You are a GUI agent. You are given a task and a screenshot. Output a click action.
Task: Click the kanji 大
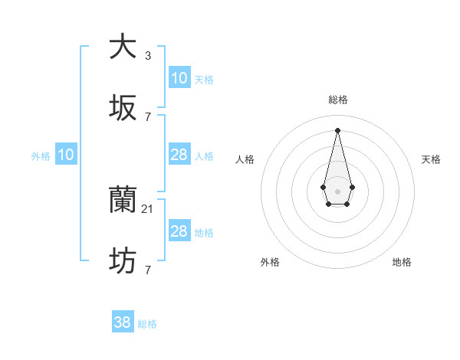pyautogui.click(x=123, y=47)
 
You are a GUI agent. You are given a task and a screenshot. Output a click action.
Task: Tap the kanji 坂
pyautogui.click(x=123, y=108)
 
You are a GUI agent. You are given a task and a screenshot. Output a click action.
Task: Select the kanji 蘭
pyautogui.click(x=123, y=201)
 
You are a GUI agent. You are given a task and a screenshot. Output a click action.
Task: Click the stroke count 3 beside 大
pyautogui.click(x=147, y=55)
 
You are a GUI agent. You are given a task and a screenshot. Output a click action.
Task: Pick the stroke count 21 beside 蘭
pyautogui.click(x=149, y=208)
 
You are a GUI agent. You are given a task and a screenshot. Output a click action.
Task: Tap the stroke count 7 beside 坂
pyautogui.click(x=147, y=116)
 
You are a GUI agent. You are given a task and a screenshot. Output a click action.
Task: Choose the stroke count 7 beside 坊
pyautogui.click(x=147, y=270)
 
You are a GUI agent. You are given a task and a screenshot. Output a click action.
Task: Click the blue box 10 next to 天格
pyautogui.click(x=179, y=78)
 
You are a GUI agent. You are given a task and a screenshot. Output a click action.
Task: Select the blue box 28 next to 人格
pyautogui.click(x=179, y=155)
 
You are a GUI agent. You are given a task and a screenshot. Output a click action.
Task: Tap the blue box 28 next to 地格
pyautogui.click(x=179, y=231)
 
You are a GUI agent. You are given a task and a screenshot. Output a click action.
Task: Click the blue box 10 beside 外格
pyautogui.click(x=66, y=155)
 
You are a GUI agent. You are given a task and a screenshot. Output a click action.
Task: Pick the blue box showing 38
pyautogui.click(x=123, y=322)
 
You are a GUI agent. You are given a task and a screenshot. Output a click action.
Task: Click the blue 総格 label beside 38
pyautogui.click(x=147, y=324)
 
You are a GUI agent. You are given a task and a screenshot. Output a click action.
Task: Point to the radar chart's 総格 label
pyautogui.click(x=337, y=100)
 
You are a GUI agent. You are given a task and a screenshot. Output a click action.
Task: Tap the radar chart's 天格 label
pyautogui.click(x=431, y=159)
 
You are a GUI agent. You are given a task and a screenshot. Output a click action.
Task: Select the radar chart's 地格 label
pyautogui.click(x=402, y=262)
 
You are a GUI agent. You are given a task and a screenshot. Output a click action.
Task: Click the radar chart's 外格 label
pyautogui.click(x=270, y=262)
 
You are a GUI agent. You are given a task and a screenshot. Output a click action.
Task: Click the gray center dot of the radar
pyautogui.click(x=337, y=190)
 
